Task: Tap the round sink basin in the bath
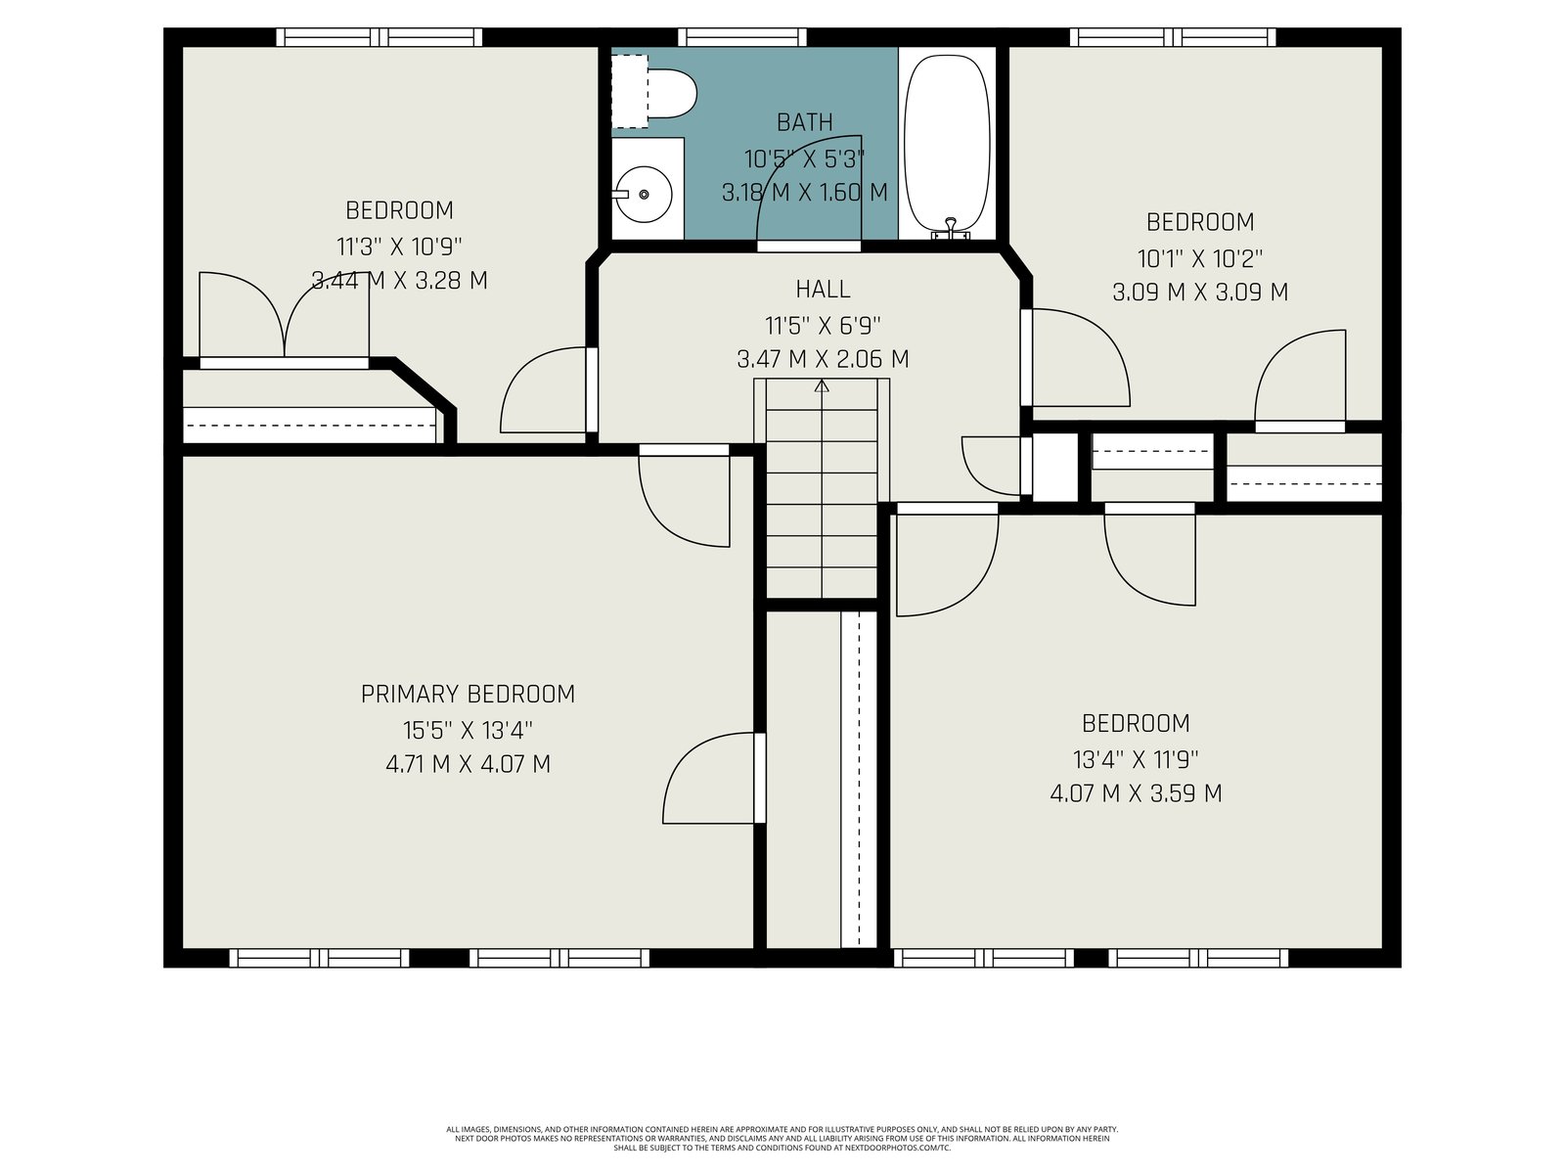(x=644, y=194)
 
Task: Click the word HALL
(x=823, y=290)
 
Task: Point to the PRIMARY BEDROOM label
(x=468, y=695)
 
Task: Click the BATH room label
(x=805, y=122)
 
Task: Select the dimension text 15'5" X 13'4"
(x=468, y=730)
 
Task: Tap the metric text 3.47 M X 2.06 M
(x=823, y=358)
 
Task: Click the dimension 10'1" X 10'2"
(x=1200, y=258)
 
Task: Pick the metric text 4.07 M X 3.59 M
(x=1136, y=793)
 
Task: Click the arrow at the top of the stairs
(x=822, y=385)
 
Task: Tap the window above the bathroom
(x=741, y=37)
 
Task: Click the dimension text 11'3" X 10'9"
(x=399, y=247)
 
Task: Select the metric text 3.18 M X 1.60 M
(x=805, y=193)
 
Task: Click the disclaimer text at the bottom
(x=782, y=1138)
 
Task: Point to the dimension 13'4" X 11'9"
(x=1136, y=759)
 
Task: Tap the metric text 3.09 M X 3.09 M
(x=1200, y=293)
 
